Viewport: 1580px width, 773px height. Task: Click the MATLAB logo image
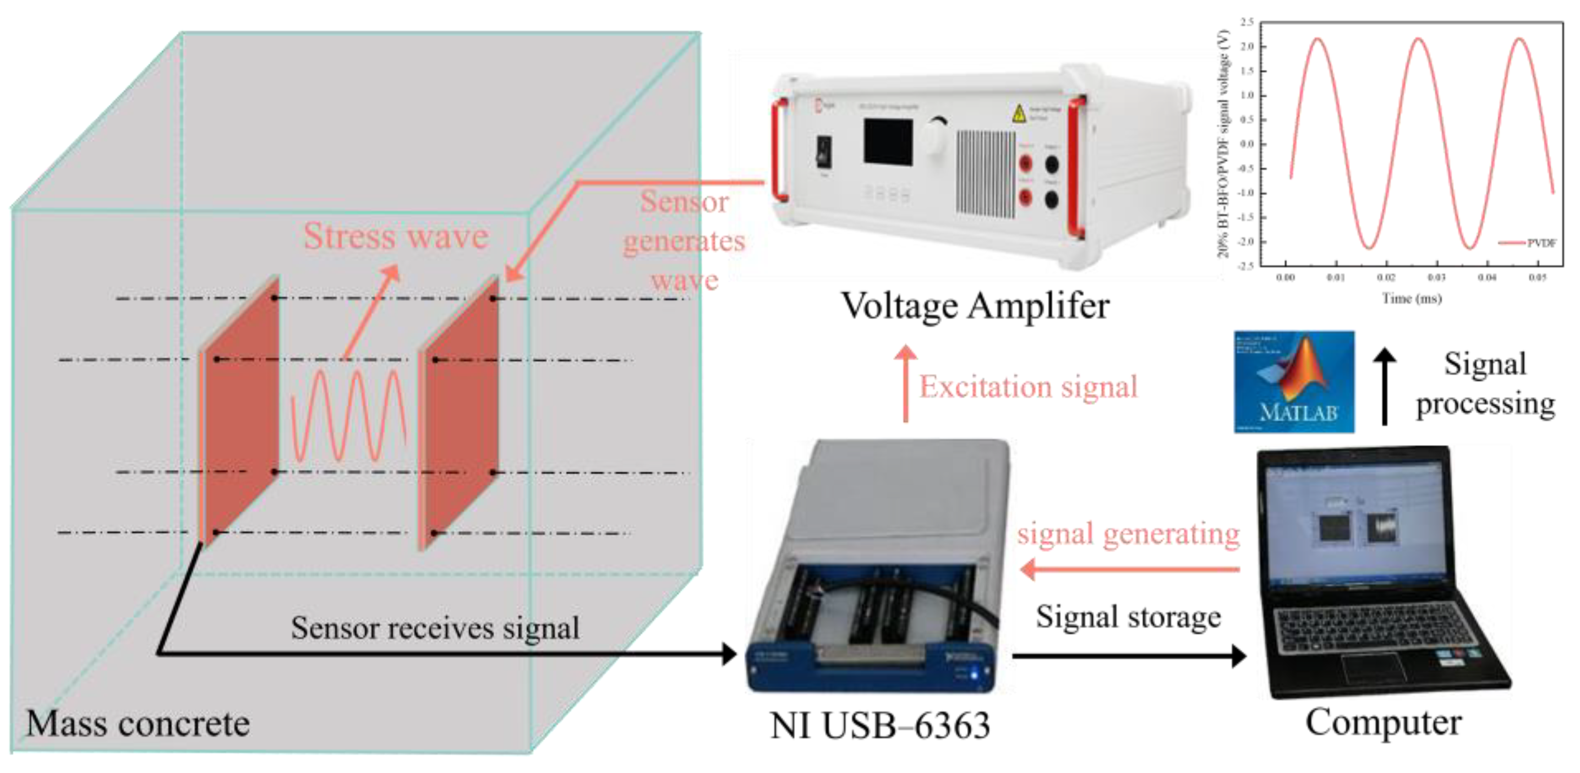pos(1294,381)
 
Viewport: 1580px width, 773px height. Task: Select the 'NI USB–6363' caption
pos(879,726)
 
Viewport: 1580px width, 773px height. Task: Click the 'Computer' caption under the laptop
pos(1383,722)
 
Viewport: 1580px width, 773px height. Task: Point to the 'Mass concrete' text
pos(138,723)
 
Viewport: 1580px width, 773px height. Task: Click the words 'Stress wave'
pos(396,236)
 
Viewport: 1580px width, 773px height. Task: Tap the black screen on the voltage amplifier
pos(888,142)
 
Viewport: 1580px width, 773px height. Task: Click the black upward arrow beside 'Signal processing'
pos(1384,386)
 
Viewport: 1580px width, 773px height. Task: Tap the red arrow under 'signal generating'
pos(1129,569)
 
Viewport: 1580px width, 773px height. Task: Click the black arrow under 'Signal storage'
pos(1129,656)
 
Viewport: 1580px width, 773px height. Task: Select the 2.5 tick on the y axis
pos(1246,22)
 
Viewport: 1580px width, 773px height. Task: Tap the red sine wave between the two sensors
pos(348,417)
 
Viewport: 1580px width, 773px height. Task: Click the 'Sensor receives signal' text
pos(435,628)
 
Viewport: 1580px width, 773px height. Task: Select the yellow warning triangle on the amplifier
pos(1019,114)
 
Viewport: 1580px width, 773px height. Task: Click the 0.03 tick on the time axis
pos(1436,278)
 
